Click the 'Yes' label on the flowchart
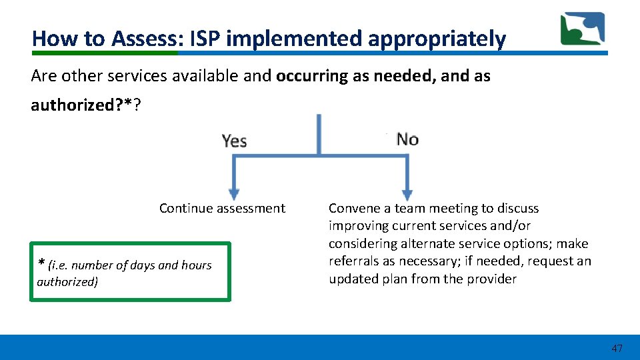(x=234, y=141)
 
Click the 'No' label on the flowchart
(x=407, y=139)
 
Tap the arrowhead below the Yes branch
(x=233, y=193)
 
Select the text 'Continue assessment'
(x=222, y=209)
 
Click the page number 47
(x=617, y=348)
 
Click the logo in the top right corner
(x=582, y=29)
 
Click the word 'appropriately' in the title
(x=437, y=39)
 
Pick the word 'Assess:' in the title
(x=145, y=39)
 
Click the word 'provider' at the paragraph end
(x=493, y=279)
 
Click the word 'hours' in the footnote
(x=196, y=265)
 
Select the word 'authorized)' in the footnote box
(x=67, y=282)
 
